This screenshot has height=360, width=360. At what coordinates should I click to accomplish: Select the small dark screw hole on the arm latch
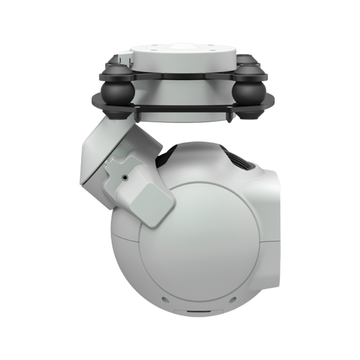(125, 178)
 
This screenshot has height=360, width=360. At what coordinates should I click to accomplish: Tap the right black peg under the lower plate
(230, 118)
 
